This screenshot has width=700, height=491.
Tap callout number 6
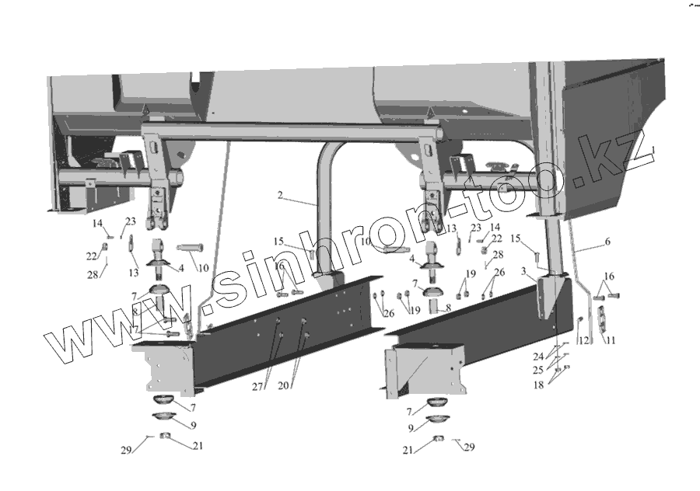tap(607, 242)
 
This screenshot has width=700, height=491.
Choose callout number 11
tap(610, 340)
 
